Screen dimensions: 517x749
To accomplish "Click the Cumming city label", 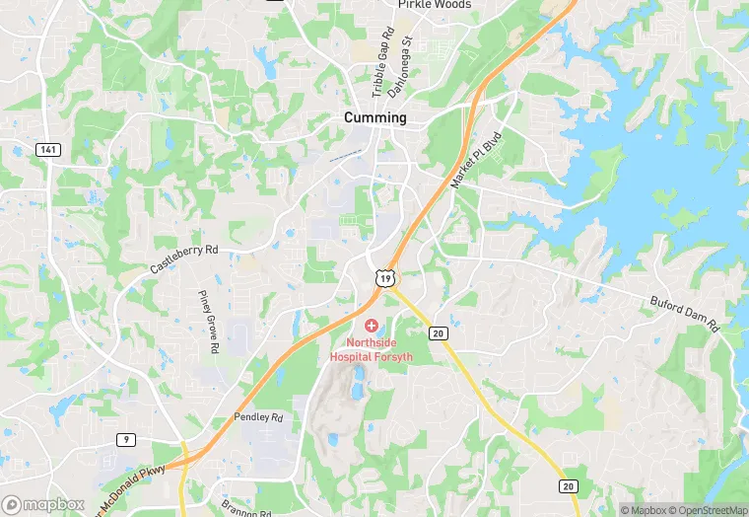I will pyautogui.click(x=374, y=117).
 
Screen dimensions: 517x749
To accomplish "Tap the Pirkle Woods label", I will pyautogui.click(x=435, y=5).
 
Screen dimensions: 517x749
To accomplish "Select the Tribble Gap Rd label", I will pyautogui.click(x=382, y=61).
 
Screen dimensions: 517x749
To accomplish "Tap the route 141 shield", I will pyautogui.click(x=46, y=149).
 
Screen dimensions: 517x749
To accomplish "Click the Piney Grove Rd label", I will pyautogui.click(x=208, y=322).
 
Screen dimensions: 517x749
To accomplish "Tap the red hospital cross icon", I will pyautogui.click(x=371, y=325).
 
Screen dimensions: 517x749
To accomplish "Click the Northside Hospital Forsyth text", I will pyautogui.click(x=372, y=349).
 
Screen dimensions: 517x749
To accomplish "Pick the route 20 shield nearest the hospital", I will pyautogui.click(x=439, y=333).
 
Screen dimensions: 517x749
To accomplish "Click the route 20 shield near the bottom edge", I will pyautogui.click(x=568, y=486).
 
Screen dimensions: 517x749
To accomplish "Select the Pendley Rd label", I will pyautogui.click(x=258, y=418).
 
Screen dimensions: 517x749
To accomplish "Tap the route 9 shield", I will pyautogui.click(x=126, y=439).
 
